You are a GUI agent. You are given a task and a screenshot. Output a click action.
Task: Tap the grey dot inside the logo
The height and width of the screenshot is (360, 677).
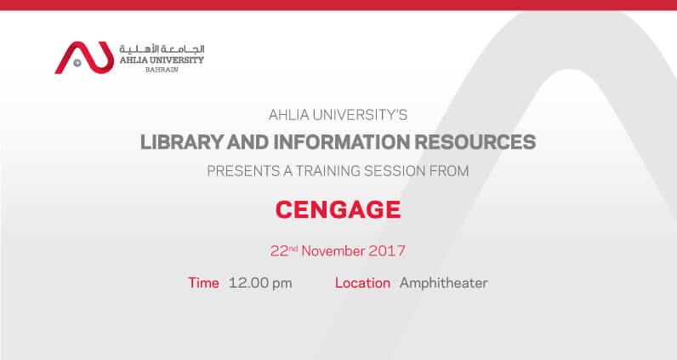(77, 63)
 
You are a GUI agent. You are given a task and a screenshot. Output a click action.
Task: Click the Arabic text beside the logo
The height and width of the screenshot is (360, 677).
(162, 49)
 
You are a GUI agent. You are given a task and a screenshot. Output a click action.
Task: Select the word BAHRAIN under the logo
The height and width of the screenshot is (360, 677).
(162, 70)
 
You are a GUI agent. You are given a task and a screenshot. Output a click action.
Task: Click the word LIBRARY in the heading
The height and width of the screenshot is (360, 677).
(182, 142)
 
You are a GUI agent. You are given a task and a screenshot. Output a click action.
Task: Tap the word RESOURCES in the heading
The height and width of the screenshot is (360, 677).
(475, 142)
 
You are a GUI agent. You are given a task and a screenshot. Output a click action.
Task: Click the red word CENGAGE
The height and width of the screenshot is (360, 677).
(338, 209)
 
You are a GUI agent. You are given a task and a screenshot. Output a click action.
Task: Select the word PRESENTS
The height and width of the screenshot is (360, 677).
(243, 171)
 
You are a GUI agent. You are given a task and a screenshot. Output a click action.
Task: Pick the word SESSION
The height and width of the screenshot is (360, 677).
(395, 171)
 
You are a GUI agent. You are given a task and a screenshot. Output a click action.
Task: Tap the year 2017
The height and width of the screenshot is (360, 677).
(387, 251)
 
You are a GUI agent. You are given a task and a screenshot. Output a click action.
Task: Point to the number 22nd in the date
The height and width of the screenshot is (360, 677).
(284, 251)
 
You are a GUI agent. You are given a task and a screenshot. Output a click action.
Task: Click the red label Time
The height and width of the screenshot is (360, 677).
(203, 283)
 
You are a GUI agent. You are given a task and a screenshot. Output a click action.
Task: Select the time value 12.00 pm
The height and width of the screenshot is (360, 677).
(260, 283)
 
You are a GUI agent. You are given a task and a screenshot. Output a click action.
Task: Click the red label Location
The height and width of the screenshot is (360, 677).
(362, 283)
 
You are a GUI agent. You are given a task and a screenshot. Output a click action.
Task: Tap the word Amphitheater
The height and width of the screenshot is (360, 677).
(444, 283)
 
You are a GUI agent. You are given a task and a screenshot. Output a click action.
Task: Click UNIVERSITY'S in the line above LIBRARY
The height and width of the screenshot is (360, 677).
(360, 115)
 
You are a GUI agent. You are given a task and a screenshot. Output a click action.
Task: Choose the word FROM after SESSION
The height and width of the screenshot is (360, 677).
(449, 171)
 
